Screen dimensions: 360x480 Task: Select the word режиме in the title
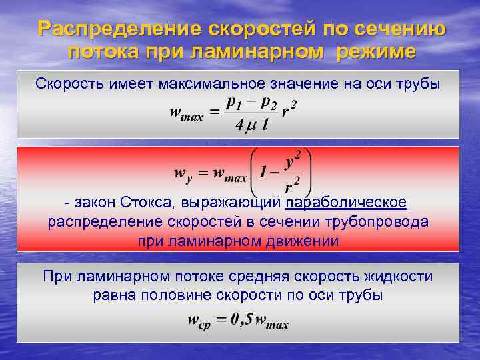click(375, 51)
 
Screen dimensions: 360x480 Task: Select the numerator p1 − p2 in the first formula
click(252, 103)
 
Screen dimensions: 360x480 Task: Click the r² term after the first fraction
click(289, 111)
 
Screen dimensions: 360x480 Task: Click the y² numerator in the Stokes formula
click(292, 161)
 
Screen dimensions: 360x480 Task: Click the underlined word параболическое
click(346, 202)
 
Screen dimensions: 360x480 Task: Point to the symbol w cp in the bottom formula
click(199, 323)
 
